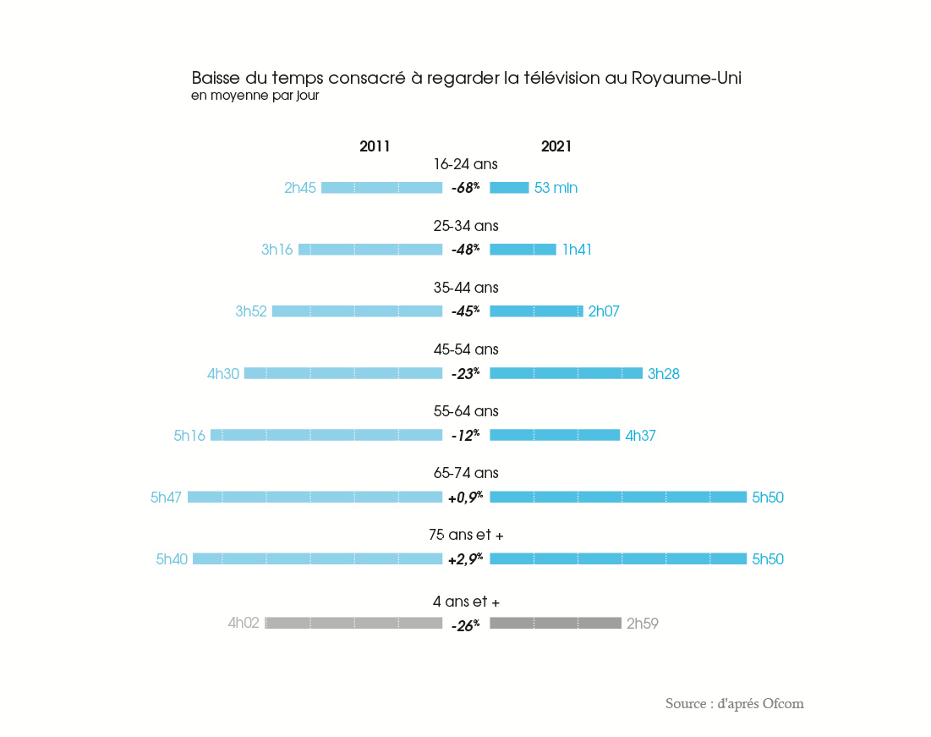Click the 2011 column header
pos(375,146)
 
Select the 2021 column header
pos(556,146)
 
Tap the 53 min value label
pos(556,188)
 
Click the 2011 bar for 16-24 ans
pos(381,188)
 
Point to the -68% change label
pos(465,188)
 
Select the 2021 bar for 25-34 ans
pos(523,250)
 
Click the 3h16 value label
pos(277,250)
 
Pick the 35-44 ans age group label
pos(466,288)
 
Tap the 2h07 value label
pos(604,311)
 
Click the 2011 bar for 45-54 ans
pos(343,373)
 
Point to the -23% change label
pos(465,373)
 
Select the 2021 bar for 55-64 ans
pos(555,435)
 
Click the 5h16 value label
pos(189,436)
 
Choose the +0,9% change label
pos(465,498)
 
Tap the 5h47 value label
pos(166,498)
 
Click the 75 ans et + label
pos(466,536)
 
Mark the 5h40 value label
pos(172,559)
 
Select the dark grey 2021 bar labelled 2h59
pos(556,624)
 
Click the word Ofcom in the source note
pos(783,704)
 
